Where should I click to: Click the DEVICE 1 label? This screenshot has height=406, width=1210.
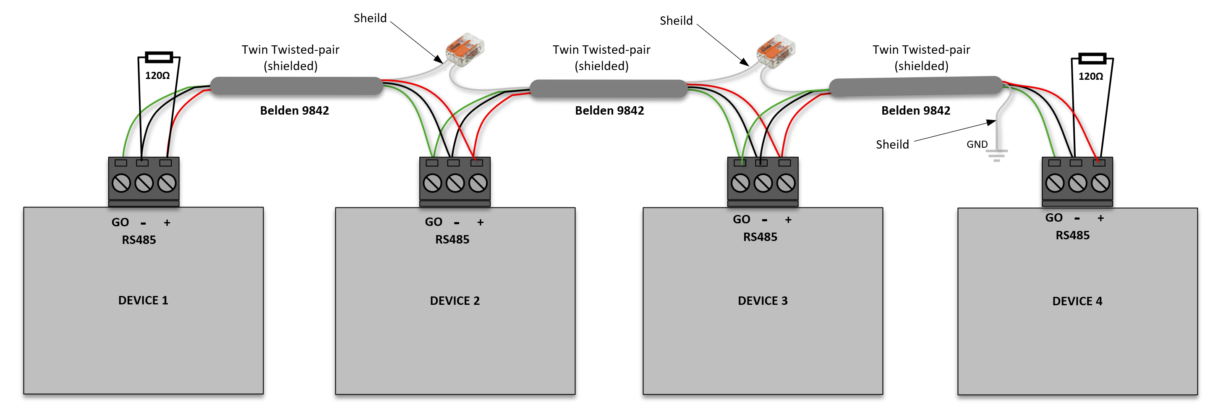143,300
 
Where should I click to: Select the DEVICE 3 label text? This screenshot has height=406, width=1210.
762,301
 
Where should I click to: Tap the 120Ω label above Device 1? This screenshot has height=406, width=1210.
157,76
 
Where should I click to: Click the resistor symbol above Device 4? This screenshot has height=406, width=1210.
1092,59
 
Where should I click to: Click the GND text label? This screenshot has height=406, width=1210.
977,144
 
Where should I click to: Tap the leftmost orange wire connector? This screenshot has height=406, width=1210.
465,50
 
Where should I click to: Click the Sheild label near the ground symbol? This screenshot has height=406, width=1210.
892,144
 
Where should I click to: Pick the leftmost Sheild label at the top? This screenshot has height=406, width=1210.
370,18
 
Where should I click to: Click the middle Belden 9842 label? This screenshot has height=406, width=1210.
609,110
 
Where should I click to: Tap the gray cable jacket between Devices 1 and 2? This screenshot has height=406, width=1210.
296,86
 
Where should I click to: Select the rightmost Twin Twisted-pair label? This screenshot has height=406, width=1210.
921,58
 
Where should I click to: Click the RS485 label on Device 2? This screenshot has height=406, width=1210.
452,240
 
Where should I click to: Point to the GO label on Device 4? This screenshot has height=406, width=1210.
1053,218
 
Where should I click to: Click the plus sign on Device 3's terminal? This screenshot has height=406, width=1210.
788,220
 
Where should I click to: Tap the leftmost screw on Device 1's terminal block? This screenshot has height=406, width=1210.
121,183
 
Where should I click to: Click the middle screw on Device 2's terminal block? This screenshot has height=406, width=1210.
455,183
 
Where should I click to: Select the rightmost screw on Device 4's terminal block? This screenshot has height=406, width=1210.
1100,183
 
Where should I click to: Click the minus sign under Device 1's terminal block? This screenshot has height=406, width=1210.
143,223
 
